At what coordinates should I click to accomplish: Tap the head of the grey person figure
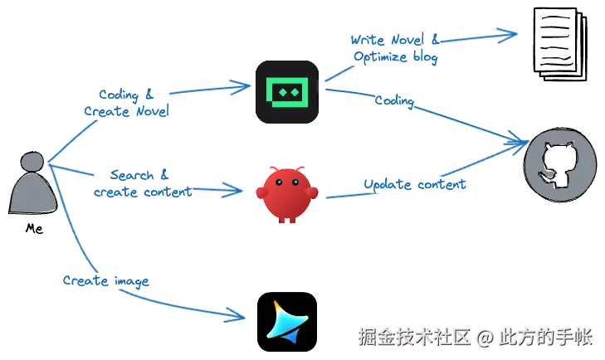point(32,163)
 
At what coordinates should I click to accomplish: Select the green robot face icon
point(285,92)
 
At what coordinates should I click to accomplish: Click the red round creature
point(286,194)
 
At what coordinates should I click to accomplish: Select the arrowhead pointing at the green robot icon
point(243,85)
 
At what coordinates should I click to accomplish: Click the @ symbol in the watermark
point(485,336)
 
